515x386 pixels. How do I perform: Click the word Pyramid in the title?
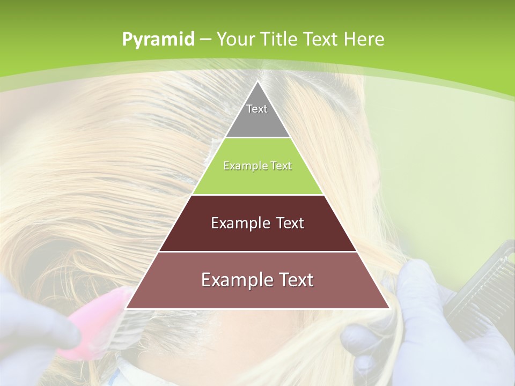pyautogui.click(x=158, y=40)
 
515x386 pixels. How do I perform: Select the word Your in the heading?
pyautogui.click(x=236, y=40)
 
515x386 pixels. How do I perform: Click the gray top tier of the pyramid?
pyautogui.click(x=257, y=118)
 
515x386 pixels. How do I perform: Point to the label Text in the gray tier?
pyautogui.click(x=257, y=109)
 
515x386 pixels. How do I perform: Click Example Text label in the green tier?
pyautogui.click(x=257, y=166)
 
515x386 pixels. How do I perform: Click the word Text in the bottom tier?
pyautogui.click(x=295, y=280)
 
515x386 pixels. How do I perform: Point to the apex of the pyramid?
pyautogui.click(x=257, y=82)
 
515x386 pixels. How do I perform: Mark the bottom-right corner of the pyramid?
pyautogui.click(x=389, y=308)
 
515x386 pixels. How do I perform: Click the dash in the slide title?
pyautogui.click(x=205, y=40)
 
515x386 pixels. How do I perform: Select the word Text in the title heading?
pyautogui.click(x=321, y=40)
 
